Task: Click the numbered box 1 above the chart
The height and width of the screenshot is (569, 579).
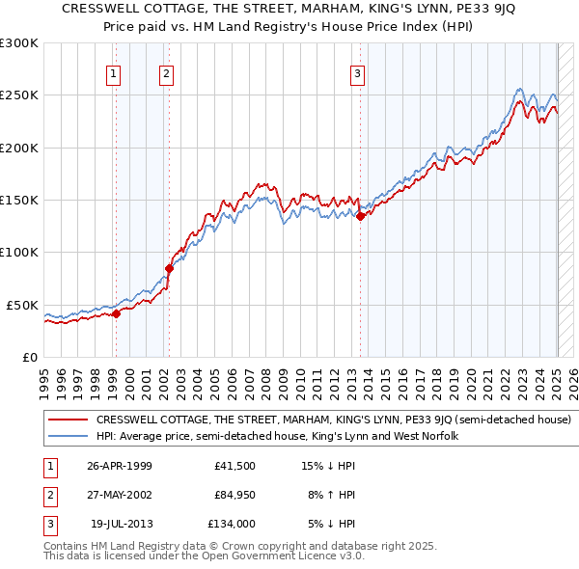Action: [114, 73]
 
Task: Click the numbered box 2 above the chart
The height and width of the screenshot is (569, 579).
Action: [166, 73]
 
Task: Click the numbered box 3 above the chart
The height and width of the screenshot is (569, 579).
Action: [357, 73]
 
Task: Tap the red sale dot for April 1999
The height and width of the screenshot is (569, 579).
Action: [116, 312]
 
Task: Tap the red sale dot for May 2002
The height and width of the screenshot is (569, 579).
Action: [169, 268]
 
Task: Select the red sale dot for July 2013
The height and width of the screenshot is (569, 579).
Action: [360, 216]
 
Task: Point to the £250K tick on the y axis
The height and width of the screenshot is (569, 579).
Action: [20, 95]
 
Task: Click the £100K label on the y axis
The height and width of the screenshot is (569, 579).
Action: [20, 252]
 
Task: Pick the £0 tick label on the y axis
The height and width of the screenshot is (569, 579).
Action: [28, 357]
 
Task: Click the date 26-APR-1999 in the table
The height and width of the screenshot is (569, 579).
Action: [120, 466]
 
